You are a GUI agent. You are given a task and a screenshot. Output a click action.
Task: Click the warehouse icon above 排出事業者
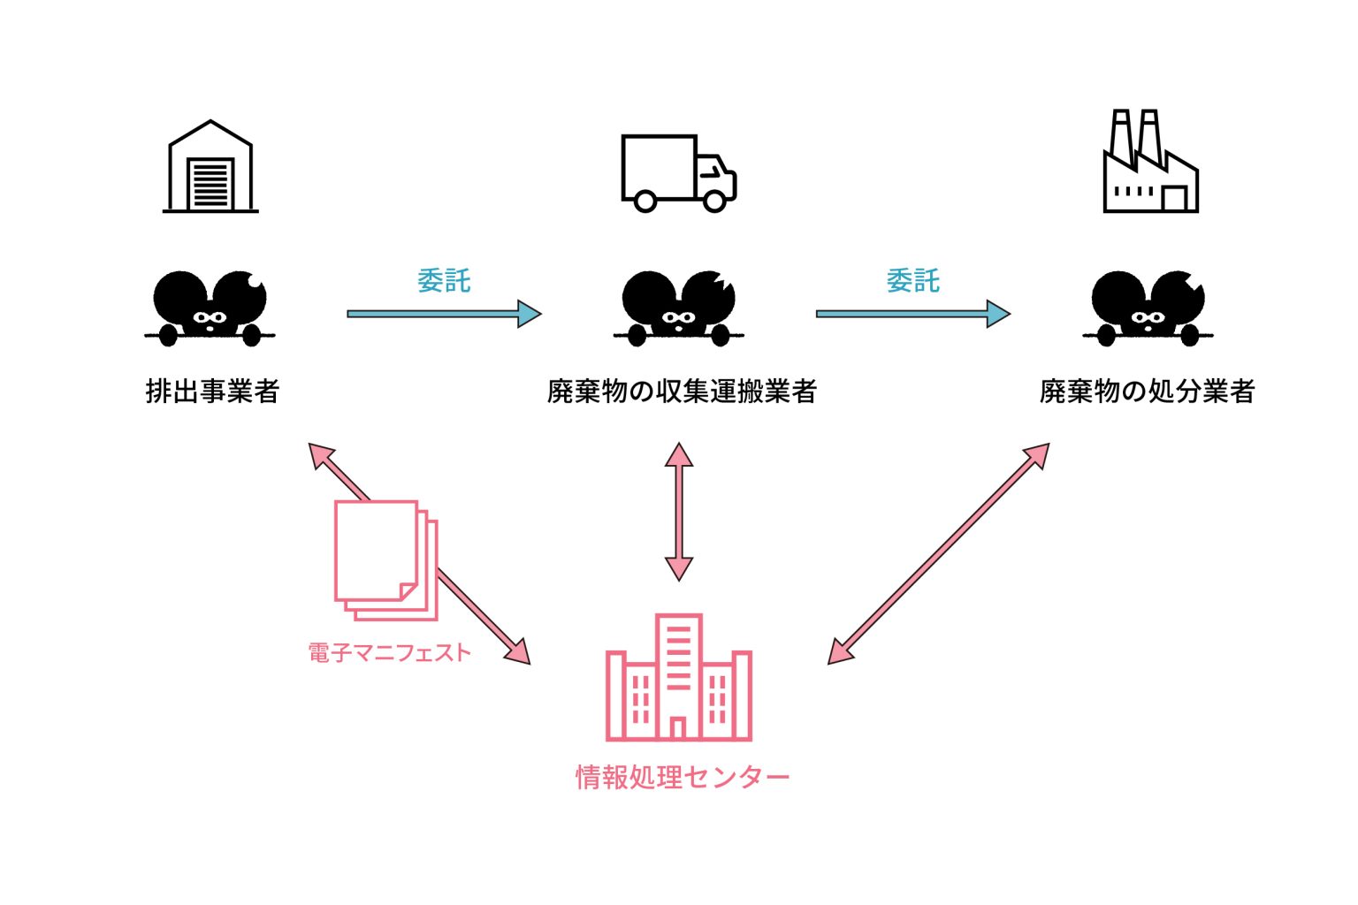pos(210,167)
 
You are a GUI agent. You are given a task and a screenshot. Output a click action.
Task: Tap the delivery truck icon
pos(678,173)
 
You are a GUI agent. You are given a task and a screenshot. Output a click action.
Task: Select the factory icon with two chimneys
pos(1150,163)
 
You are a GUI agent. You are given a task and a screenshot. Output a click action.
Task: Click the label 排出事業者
pos(212,391)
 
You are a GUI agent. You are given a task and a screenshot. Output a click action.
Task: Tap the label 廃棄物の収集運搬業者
pos(682,391)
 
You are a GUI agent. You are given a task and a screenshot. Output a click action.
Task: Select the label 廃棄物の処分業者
pos(1147,391)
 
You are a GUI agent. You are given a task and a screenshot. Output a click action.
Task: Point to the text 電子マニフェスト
pos(389,653)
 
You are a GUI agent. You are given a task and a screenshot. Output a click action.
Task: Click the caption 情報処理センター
pos(682,778)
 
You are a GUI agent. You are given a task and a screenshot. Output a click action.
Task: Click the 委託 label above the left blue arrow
pos(444,281)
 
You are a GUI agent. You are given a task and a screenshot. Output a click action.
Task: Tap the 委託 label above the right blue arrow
pos(912,281)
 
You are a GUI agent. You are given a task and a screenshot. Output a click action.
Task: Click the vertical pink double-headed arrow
pos(678,512)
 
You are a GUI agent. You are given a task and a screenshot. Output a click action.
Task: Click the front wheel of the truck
pos(715,202)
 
